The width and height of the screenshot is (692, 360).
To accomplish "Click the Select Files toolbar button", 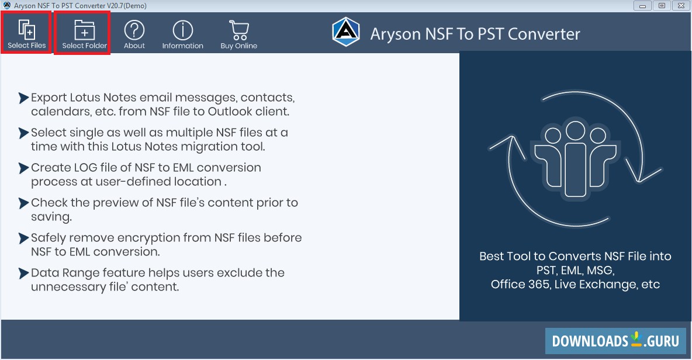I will pos(26,33).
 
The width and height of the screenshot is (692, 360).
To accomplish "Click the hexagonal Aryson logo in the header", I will pos(345,32).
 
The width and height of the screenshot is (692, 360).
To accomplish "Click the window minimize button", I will pos(644,5).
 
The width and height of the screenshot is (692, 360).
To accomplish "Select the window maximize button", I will pos(662,5).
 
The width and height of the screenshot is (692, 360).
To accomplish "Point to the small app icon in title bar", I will pos(6,6).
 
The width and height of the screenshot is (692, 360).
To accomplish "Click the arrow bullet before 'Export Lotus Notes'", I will pos(23,98).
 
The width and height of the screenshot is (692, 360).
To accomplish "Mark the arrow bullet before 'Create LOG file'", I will pos(23,168).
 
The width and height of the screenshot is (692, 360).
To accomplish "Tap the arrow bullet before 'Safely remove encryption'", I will pos(23,238).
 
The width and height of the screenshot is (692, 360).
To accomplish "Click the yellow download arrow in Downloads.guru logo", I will pos(636,340).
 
